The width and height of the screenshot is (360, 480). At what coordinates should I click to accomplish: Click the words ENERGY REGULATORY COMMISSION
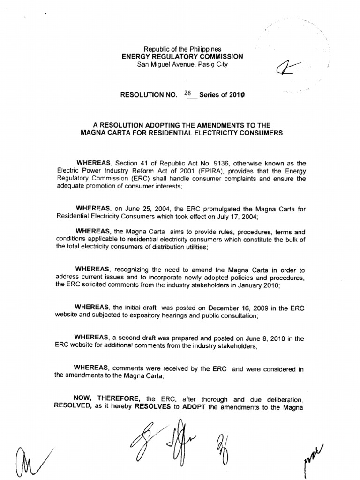tap(182, 56)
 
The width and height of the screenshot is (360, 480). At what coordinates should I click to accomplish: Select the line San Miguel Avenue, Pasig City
tap(182, 64)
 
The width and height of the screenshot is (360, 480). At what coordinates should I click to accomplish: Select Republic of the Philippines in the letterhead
tap(182, 49)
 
